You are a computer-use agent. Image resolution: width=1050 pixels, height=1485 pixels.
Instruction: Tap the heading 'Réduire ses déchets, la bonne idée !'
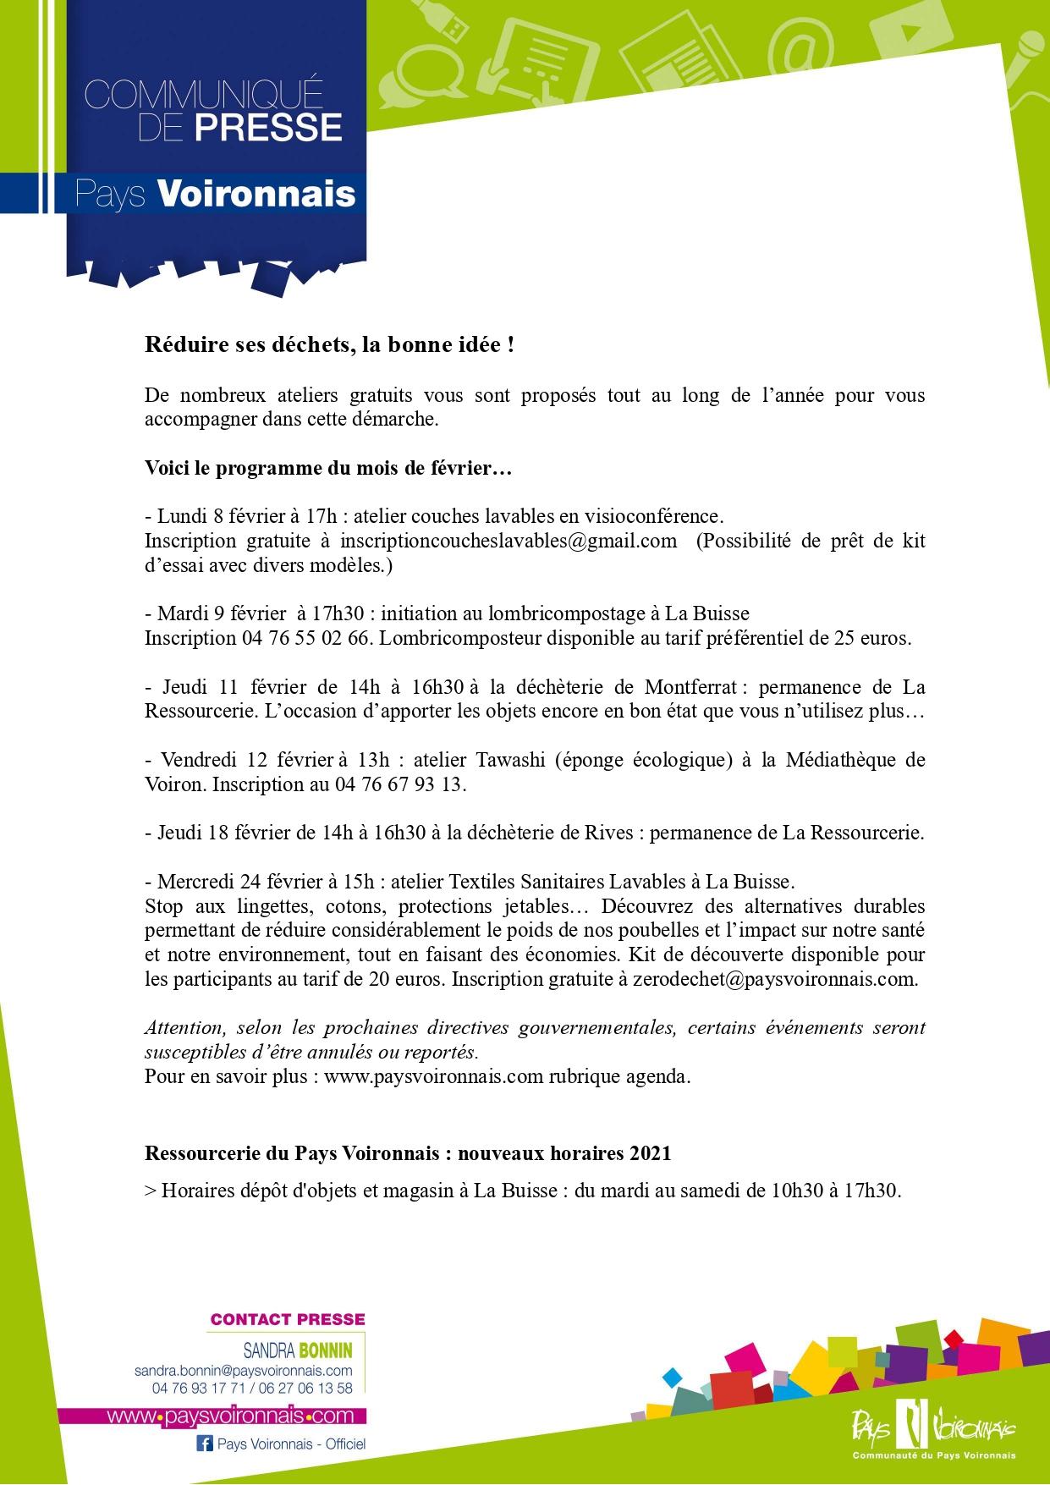[x=329, y=346]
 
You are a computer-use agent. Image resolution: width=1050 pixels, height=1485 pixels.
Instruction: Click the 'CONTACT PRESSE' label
[x=288, y=1319]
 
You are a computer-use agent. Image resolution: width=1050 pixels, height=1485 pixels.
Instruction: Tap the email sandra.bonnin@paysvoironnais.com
[x=243, y=1371]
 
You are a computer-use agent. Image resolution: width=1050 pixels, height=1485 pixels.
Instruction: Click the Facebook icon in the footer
[x=204, y=1444]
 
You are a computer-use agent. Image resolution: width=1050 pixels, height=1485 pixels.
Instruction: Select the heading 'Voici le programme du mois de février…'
[x=328, y=468]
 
